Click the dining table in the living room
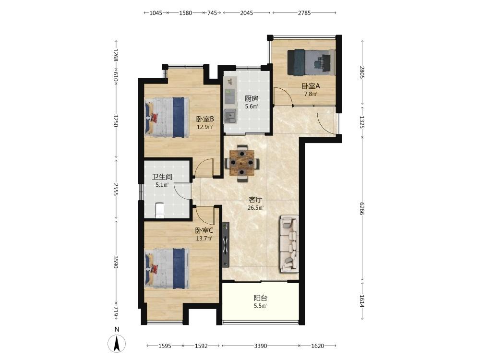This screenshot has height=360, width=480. tap(242, 163)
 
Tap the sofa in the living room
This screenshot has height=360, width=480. tap(288, 244)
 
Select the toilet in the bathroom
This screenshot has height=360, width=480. tap(159, 210)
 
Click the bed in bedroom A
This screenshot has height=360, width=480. tap(311, 62)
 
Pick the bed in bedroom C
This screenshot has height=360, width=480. tap(167, 268)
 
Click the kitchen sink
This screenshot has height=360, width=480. tap(230, 116)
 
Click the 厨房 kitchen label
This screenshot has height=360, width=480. tap(252, 98)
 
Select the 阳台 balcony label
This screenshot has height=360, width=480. tap(261, 298)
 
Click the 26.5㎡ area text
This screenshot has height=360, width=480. tap(256, 208)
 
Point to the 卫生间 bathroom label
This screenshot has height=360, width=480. tap(162, 177)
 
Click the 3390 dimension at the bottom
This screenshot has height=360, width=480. tap(261, 346)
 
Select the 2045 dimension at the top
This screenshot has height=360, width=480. tap(246, 13)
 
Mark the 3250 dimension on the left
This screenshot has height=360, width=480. tap(116, 120)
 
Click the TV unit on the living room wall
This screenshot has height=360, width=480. tap(226, 245)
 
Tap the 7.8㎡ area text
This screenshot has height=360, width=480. tap(311, 94)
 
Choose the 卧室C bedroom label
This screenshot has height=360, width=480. tap(204, 230)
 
